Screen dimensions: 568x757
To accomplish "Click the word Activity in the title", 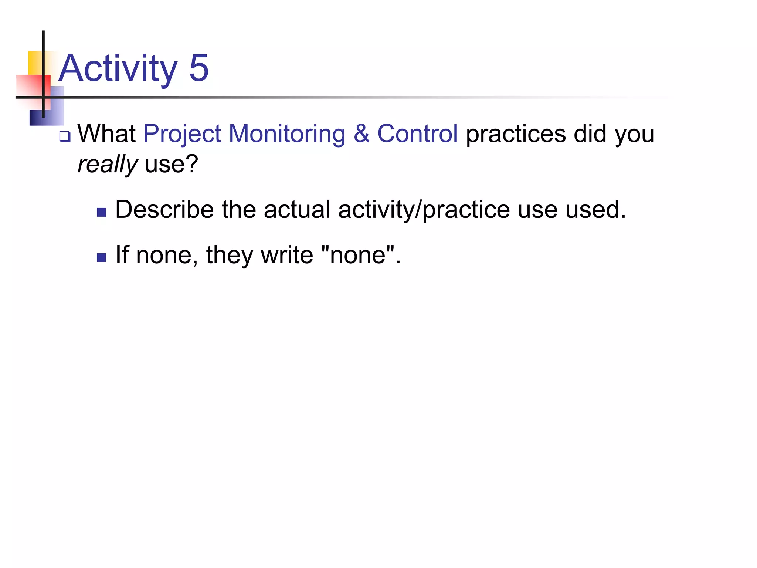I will [118, 69].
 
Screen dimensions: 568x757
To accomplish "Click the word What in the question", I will [106, 133].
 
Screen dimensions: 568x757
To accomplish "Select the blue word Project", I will [182, 134].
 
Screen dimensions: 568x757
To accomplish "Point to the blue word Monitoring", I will [287, 134].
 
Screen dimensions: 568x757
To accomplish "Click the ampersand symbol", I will [361, 133].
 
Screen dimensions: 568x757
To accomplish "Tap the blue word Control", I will [417, 133].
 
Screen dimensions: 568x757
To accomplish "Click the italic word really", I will [107, 164].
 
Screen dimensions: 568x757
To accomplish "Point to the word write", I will [287, 255].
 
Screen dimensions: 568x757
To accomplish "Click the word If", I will [122, 255].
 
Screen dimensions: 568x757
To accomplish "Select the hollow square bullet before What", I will [65, 137].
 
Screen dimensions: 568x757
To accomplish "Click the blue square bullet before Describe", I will [101, 212].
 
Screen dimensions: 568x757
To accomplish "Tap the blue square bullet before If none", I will [101, 257].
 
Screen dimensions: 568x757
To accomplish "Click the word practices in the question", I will [516, 134].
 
